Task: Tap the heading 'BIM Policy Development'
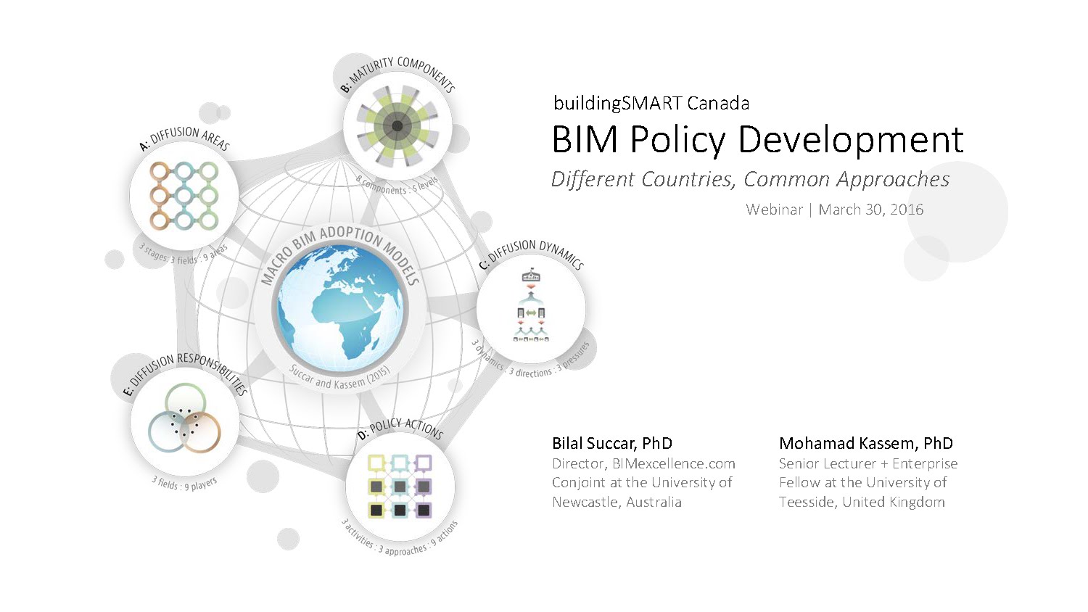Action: click(757, 140)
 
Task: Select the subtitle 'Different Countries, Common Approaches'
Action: click(750, 179)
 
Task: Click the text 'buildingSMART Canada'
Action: click(651, 104)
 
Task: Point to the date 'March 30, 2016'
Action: click(871, 210)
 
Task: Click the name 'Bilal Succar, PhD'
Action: click(612, 443)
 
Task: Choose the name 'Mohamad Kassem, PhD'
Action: click(866, 443)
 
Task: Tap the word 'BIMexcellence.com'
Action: click(674, 463)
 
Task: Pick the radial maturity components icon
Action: click(397, 126)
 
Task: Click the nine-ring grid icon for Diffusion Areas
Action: click(184, 196)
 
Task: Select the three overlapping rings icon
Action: click(184, 418)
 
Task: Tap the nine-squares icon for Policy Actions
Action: click(400, 487)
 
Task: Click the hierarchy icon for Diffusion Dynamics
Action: click(531, 305)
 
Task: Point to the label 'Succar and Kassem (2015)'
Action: click(339, 378)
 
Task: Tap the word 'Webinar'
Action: click(774, 210)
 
